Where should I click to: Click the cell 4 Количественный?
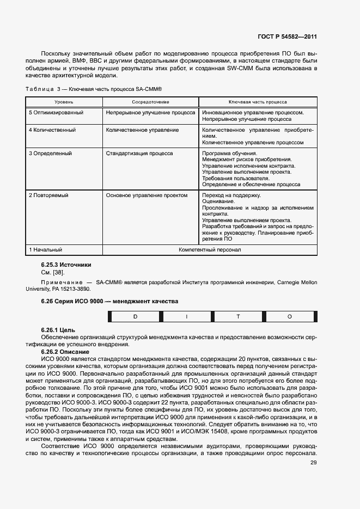(52, 130)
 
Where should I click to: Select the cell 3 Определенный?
(51, 154)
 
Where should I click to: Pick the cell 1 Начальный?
(45, 250)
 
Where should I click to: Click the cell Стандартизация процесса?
(139, 154)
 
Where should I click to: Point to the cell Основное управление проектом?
(147, 195)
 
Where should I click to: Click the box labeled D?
(136, 316)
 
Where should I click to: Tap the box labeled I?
(187, 316)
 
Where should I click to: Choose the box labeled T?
(238, 316)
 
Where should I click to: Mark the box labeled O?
(289, 316)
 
